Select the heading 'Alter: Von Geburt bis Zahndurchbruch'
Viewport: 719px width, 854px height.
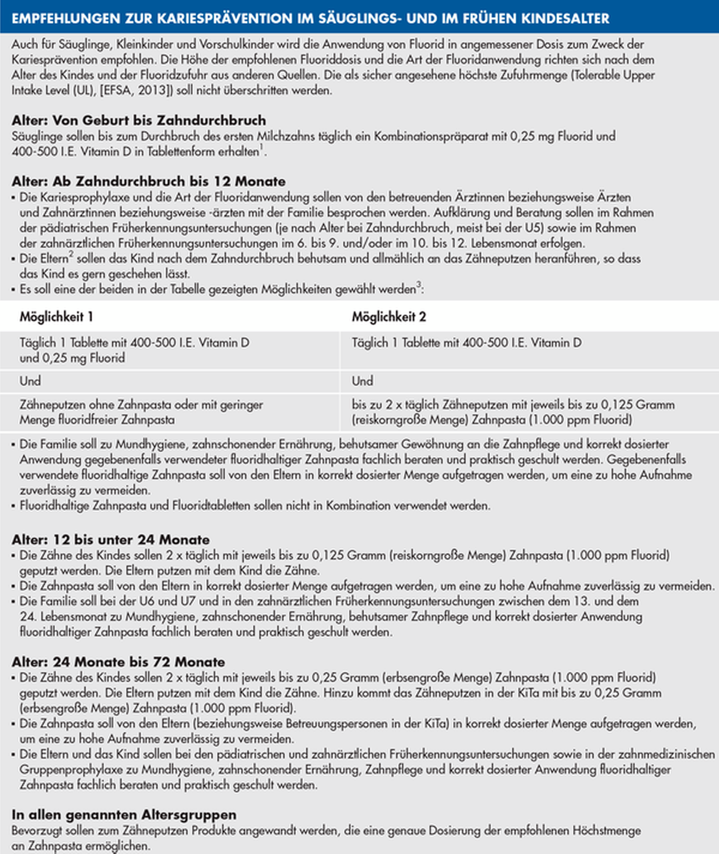(139, 120)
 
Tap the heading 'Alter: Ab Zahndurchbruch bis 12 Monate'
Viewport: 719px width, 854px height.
(148, 181)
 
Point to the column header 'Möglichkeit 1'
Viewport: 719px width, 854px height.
(56, 317)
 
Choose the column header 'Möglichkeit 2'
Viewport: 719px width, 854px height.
(389, 317)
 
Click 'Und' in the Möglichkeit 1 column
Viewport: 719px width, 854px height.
(30, 381)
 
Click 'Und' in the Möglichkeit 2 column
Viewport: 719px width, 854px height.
(363, 381)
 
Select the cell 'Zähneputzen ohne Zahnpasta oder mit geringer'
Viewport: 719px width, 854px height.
(141, 404)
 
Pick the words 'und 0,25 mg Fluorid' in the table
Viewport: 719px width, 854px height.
(72, 358)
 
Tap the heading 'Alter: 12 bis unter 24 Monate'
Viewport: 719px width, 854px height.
(110, 540)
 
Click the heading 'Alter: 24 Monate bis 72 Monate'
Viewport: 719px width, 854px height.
(118, 662)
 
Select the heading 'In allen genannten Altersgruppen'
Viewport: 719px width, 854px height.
(124, 815)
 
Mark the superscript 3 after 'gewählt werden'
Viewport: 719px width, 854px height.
(418, 285)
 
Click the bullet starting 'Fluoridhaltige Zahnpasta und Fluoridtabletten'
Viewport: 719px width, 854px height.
(255, 506)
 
